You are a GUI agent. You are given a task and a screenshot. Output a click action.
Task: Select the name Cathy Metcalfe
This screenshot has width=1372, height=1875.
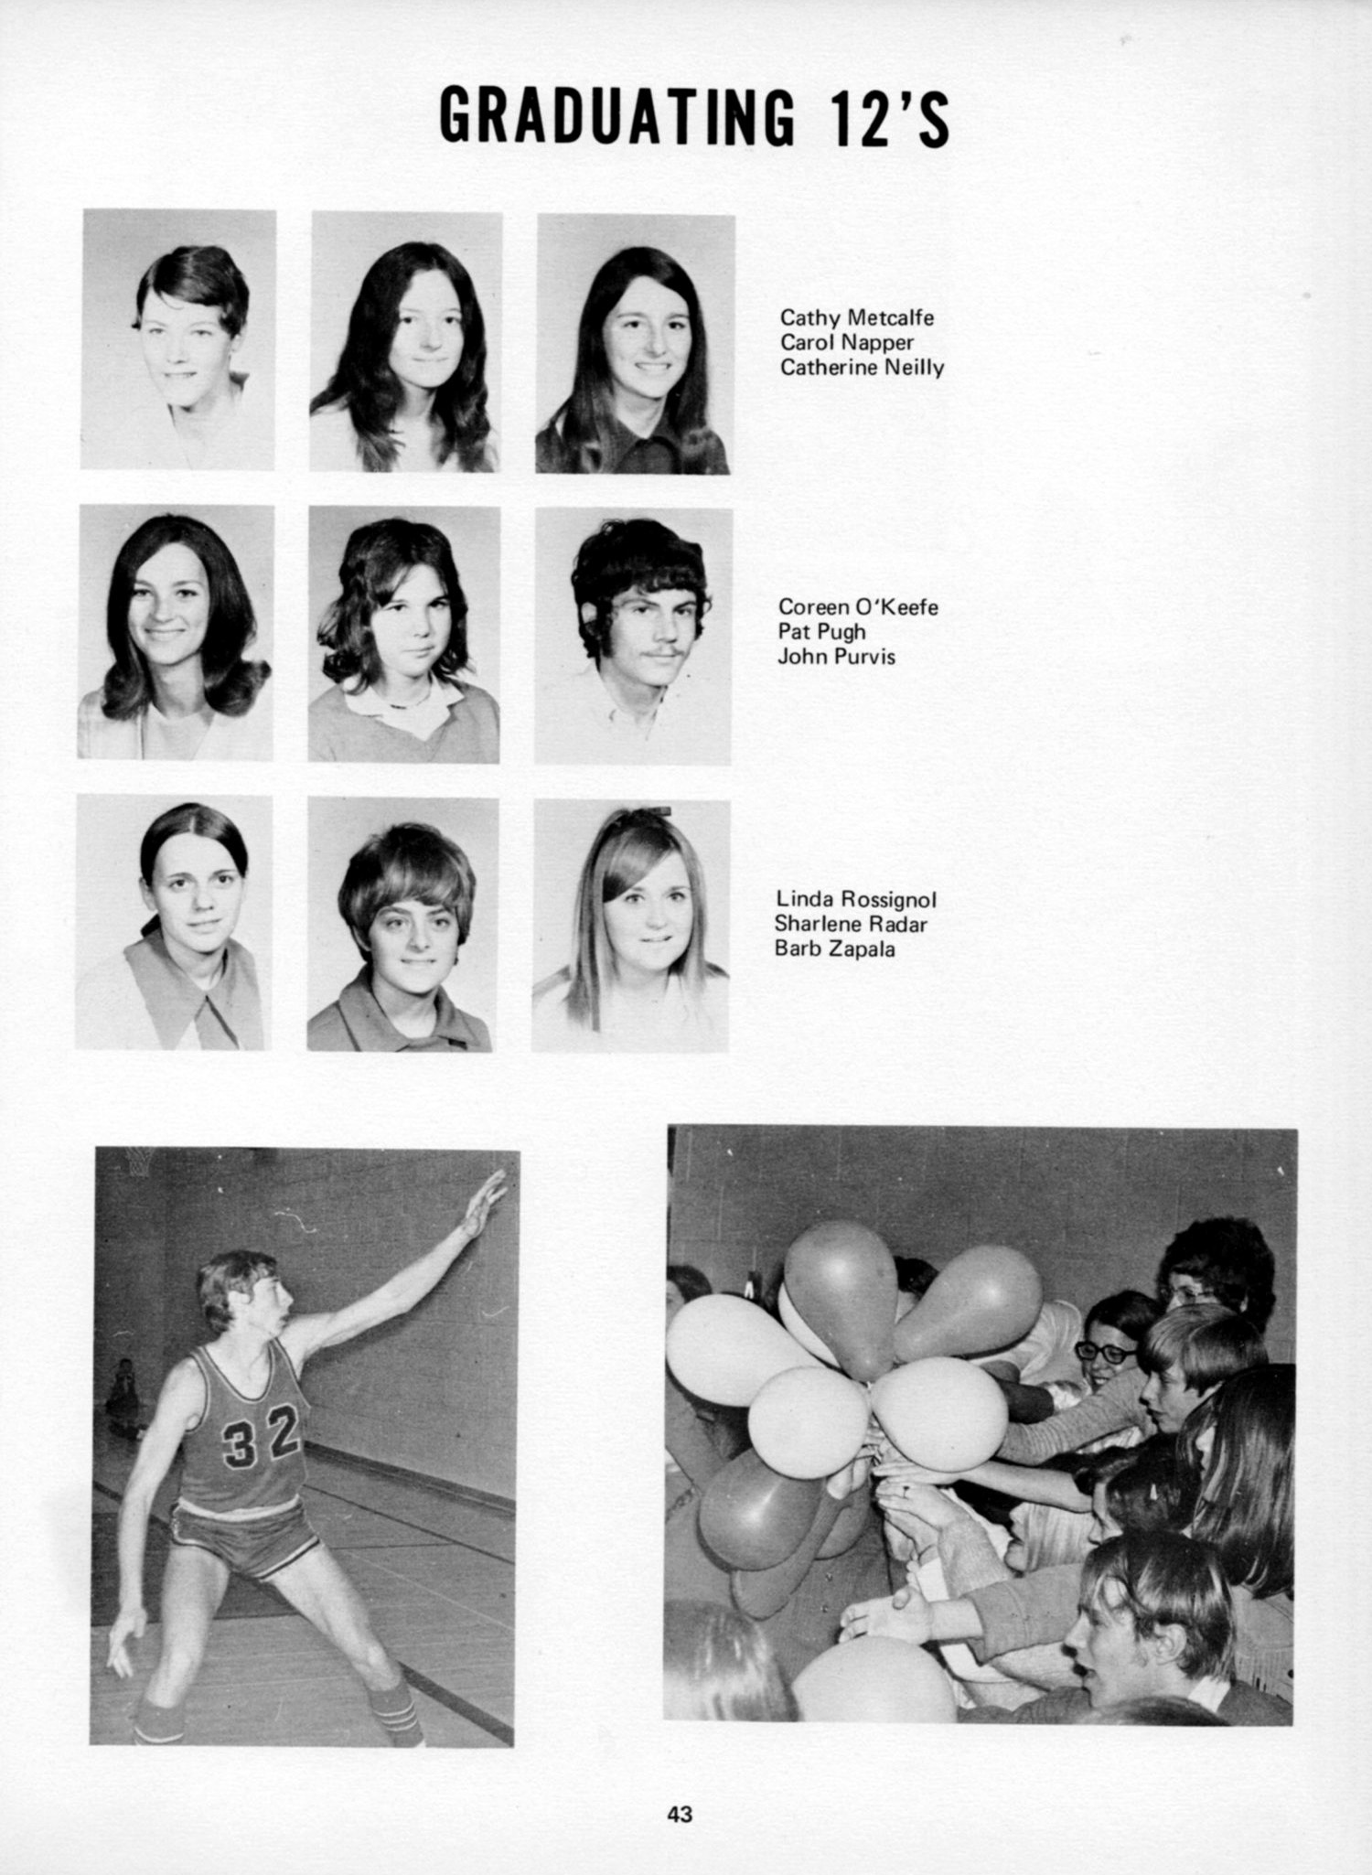(x=857, y=318)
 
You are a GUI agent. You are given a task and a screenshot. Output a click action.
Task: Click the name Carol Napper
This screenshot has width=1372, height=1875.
(x=847, y=343)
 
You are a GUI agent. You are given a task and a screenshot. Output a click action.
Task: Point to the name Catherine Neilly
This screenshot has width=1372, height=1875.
(x=862, y=368)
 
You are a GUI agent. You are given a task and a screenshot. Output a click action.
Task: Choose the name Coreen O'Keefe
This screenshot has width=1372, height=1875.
(x=858, y=607)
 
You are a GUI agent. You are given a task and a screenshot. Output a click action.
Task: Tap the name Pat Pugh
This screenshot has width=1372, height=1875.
(x=821, y=632)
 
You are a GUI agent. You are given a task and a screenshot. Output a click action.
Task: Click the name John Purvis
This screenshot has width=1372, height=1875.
(x=836, y=657)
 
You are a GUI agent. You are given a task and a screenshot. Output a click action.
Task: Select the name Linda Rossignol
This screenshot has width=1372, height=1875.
(x=856, y=900)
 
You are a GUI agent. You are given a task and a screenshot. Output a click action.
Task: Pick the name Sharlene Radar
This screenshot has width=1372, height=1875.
(x=851, y=925)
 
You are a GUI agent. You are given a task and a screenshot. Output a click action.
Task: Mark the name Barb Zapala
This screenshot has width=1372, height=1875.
(x=834, y=949)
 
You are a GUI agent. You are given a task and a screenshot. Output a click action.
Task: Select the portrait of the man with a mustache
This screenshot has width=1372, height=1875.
(x=634, y=636)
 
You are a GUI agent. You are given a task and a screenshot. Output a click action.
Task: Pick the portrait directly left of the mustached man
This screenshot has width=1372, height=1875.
(x=403, y=635)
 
